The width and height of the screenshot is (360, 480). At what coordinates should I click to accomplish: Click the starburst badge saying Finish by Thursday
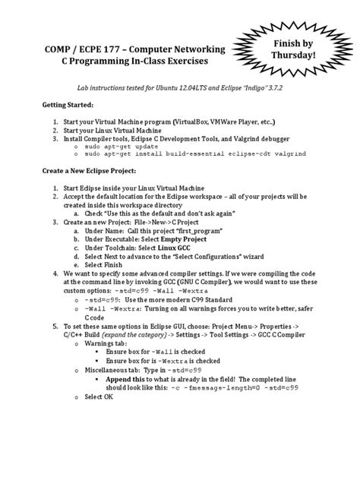coord(304,47)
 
